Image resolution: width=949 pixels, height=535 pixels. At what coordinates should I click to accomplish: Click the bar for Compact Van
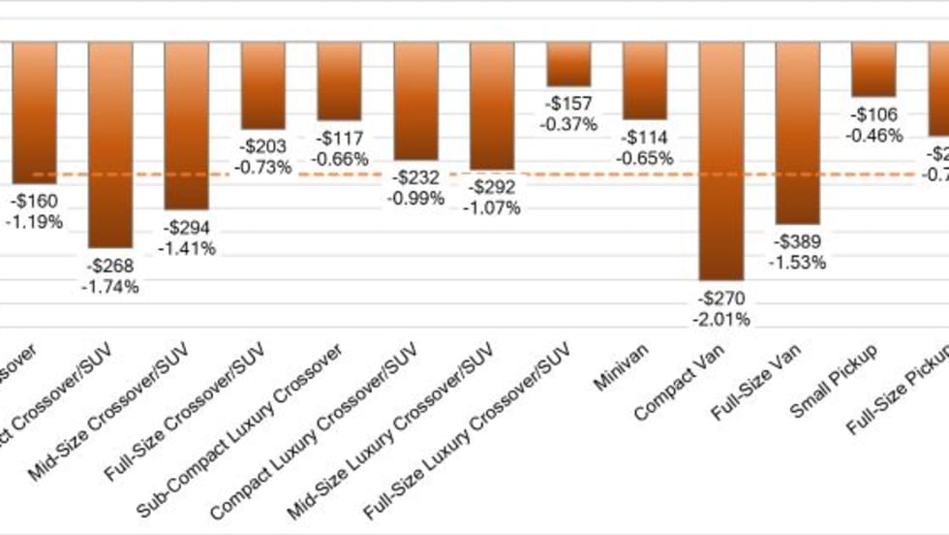coord(720,160)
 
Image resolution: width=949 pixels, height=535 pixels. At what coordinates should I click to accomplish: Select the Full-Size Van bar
coord(797,132)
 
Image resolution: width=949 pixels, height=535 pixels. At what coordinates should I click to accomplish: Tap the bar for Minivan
coord(645,79)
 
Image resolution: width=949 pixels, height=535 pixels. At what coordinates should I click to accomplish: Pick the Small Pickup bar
coord(873,69)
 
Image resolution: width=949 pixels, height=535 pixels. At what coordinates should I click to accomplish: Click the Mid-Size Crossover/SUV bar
coord(187,125)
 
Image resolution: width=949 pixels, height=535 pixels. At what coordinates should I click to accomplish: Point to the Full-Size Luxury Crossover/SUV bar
coord(568,64)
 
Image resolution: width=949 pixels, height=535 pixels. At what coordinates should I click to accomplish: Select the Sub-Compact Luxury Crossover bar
coord(339,80)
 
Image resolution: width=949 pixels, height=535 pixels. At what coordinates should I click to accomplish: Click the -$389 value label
coord(797,242)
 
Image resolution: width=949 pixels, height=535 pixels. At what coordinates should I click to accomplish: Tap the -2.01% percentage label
coord(721,320)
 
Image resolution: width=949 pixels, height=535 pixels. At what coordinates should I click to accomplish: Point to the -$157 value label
coord(569,104)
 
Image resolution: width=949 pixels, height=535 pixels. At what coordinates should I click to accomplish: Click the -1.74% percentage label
coord(110,286)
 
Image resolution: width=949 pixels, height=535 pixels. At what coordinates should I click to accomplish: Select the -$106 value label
coord(873,114)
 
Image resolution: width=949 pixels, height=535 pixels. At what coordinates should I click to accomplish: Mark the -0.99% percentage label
coord(415,199)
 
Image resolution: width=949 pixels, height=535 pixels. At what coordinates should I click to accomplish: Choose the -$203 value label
coord(263,146)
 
